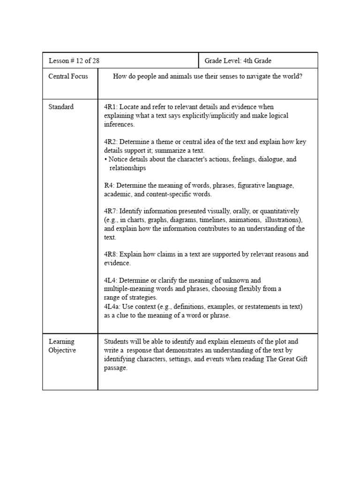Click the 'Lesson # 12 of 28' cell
point(74,61)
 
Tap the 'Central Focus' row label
point(68,76)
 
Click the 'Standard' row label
point(61,107)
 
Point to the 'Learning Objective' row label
point(61,346)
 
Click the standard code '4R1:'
point(111,107)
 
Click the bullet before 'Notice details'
point(106,159)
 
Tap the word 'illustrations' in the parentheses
point(283,220)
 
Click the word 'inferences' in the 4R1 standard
point(119,124)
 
